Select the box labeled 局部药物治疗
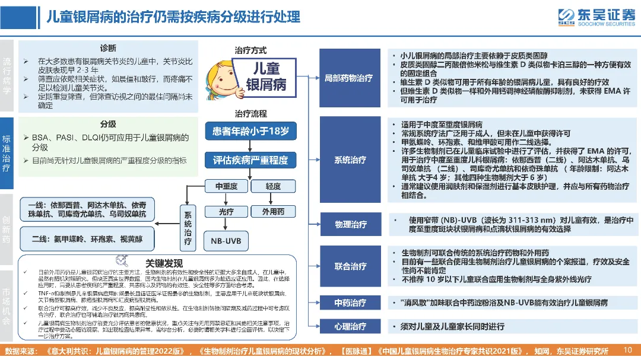click(349, 78)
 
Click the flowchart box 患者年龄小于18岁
click(250, 131)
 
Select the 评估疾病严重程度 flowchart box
click(250, 160)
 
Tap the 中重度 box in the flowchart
click(226, 187)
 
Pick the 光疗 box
click(226, 212)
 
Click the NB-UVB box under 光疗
click(226, 241)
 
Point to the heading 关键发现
click(164, 262)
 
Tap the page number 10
click(628, 350)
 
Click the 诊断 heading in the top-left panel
click(107, 48)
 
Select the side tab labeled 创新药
click(7, 230)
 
